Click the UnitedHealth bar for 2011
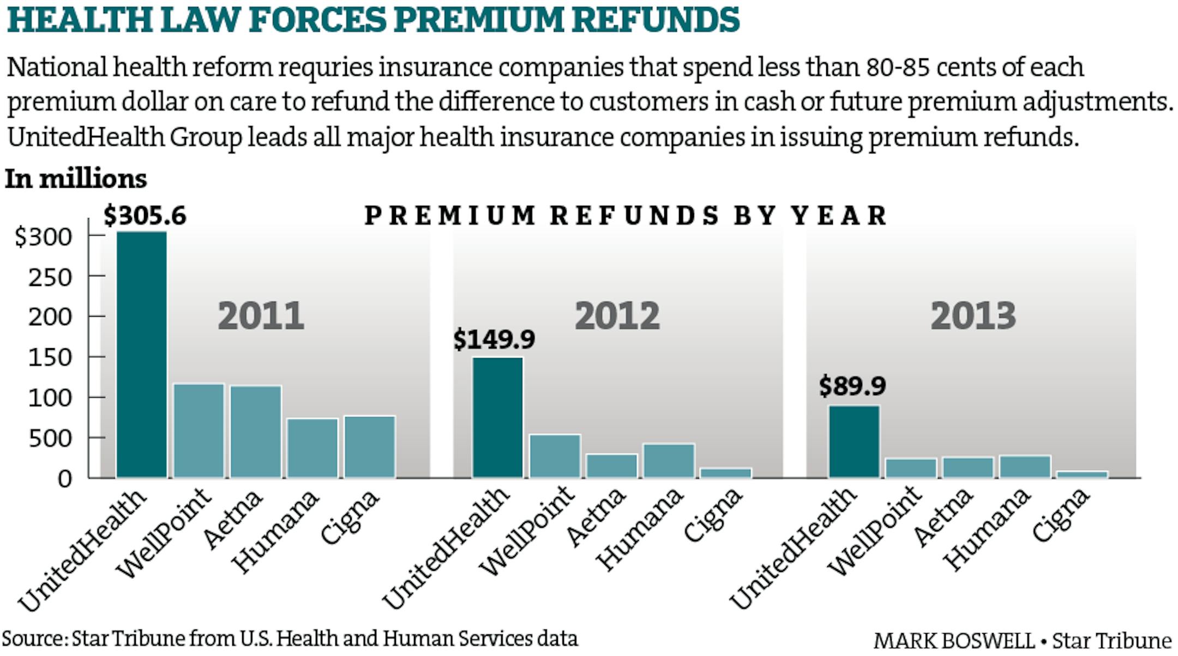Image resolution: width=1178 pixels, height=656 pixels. [x=142, y=355]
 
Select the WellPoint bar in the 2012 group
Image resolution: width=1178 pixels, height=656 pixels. [x=555, y=456]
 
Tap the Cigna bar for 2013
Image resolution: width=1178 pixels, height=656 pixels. [x=1082, y=474]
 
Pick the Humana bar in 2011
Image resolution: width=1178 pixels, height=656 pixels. [x=312, y=448]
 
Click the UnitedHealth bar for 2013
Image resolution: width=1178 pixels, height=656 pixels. [x=854, y=442]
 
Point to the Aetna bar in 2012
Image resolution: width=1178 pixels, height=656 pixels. [x=611, y=466]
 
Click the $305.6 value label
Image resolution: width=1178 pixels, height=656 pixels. [x=145, y=216]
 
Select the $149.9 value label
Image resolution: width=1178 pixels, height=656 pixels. [x=494, y=339]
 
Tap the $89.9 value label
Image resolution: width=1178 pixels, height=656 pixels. [x=852, y=386]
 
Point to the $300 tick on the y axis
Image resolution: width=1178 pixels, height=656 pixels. [x=44, y=237]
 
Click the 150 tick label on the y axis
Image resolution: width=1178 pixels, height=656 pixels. [x=50, y=357]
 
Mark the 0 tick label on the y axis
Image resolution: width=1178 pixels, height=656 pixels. [x=64, y=479]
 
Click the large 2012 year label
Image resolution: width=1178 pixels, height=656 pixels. [x=617, y=316]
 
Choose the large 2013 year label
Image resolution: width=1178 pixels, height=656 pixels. [x=973, y=316]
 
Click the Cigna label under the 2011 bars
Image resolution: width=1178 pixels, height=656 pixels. [x=349, y=517]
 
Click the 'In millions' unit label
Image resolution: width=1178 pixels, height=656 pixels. [x=76, y=179]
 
